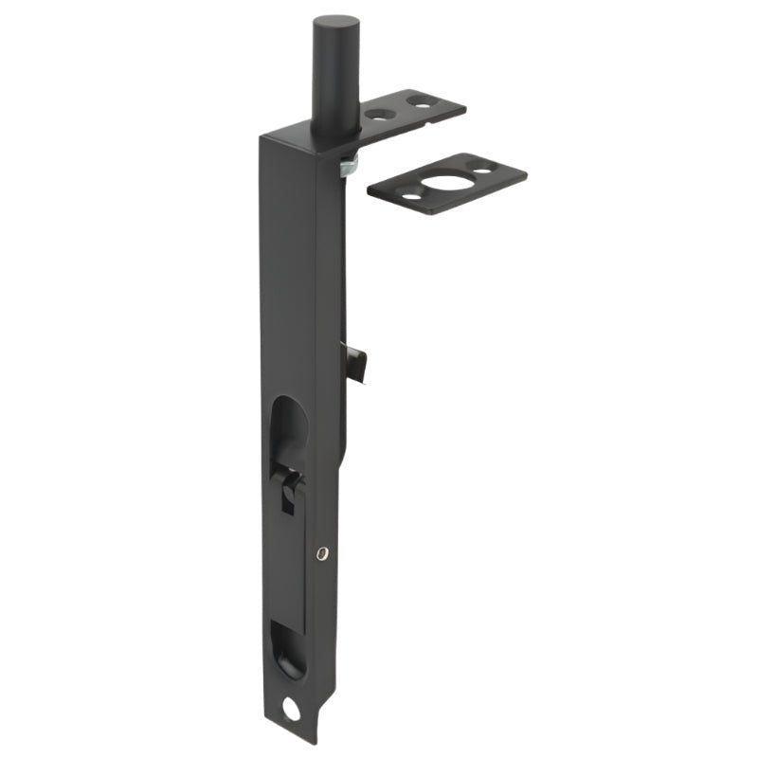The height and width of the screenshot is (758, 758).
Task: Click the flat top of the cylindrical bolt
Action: [335, 22]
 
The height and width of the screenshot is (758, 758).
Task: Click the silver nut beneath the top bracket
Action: [346, 166]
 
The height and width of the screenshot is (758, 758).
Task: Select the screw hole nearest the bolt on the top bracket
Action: [380, 114]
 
